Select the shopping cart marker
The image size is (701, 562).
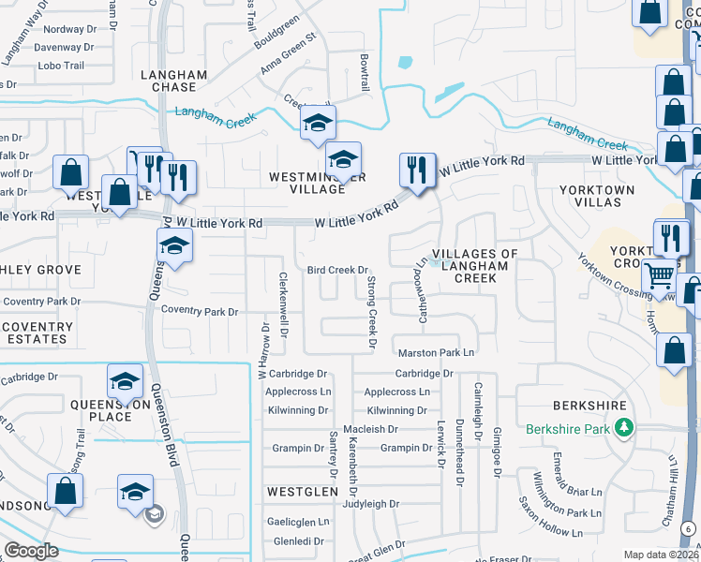tap(660, 274)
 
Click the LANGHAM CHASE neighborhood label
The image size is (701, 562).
tap(169, 80)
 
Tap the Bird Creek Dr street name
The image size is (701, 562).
tap(337, 270)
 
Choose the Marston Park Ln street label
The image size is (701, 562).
tap(437, 352)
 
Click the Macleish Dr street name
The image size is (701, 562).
tap(373, 429)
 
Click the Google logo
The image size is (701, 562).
tap(31, 551)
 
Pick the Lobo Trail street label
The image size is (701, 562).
tap(62, 66)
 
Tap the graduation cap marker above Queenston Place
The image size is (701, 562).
tap(125, 381)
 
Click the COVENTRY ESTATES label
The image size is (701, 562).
tap(37, 333)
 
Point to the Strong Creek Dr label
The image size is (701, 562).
tap(371, 314)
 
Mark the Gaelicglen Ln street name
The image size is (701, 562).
tap(298, 522)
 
